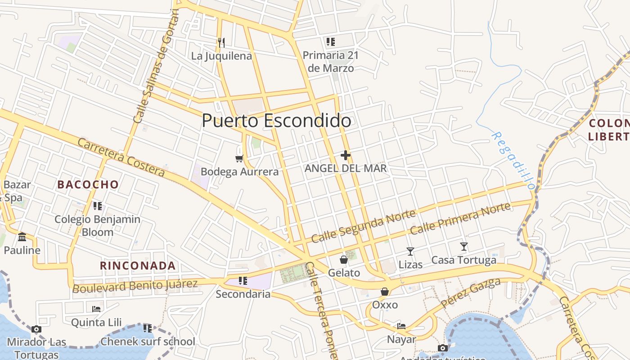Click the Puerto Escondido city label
276,121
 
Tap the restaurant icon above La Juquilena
221,42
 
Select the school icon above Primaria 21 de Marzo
331,42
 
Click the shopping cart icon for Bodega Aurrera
239,158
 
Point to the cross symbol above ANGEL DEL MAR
346,155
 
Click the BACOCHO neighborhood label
88,184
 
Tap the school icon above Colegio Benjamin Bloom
97,206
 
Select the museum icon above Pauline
22,237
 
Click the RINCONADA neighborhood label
138,265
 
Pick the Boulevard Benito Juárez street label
135,285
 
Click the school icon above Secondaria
243,281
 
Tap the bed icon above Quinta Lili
96,309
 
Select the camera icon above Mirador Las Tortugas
36,329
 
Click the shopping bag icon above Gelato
344,260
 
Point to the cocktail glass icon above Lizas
410,251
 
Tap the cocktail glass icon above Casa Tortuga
464,247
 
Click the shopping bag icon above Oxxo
385,292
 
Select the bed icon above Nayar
401,326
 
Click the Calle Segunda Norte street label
364,226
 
